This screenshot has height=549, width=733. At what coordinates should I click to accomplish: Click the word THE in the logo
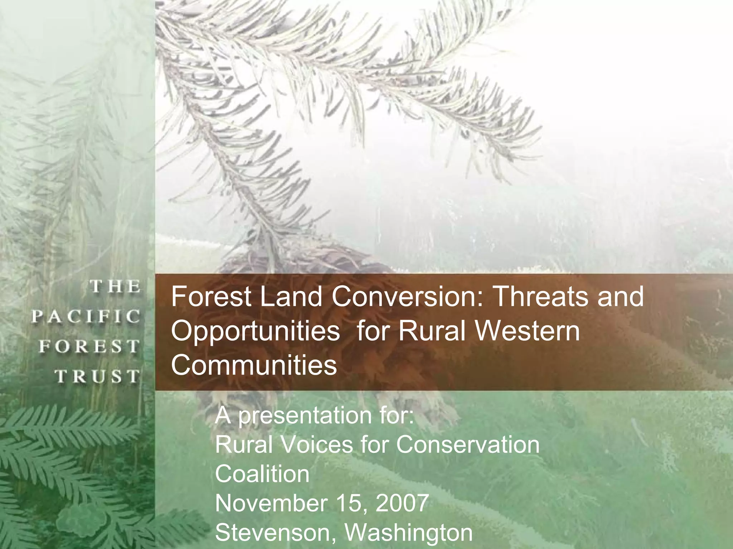(115, 287)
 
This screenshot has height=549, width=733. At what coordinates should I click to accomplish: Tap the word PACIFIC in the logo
(86, 317)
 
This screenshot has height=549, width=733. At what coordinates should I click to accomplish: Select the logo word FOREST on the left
(89, 346)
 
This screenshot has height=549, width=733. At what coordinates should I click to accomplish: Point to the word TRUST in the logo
(97, 376)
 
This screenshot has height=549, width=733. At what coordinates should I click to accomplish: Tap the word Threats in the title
(540, 297)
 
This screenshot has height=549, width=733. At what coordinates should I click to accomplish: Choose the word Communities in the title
(254, 365)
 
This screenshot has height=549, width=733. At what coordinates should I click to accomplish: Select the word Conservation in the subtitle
(467, 445)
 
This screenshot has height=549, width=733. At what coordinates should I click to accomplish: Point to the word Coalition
(262, 474)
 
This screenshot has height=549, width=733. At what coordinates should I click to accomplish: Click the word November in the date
(271, 503)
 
